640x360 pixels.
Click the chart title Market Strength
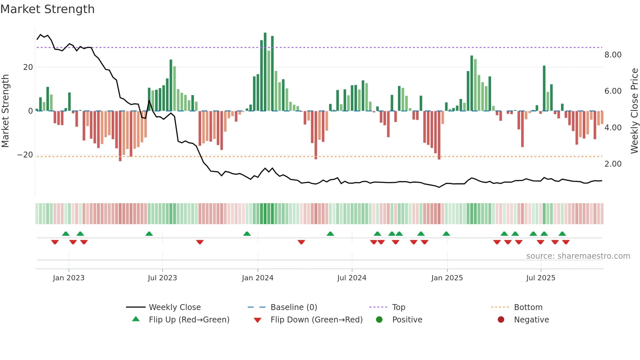(47, 9)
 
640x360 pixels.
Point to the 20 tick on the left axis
(28, 67)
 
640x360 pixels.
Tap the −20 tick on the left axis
(25, 155)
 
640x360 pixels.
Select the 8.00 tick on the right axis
(613, 55)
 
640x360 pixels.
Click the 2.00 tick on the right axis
(613, 164)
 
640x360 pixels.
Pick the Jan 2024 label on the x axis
(257, 278)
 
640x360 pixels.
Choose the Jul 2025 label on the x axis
(540, 278)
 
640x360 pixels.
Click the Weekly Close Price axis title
(634, 111)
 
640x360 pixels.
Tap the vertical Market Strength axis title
(5, 111)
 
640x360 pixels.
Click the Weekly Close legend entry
(175, 307)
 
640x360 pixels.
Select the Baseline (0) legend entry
(294, 307)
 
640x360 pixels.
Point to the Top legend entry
(398, 307)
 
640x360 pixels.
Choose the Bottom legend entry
(528, 307)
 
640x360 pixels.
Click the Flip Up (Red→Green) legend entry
(189, 320)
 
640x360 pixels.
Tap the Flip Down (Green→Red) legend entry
(316, 320)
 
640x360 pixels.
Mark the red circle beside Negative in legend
(501, 320)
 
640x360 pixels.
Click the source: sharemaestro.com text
(578, 256)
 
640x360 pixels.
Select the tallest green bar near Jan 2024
(265, 72)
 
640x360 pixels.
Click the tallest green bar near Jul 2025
(544, 88)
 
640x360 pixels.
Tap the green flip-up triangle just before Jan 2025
(446, 234)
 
